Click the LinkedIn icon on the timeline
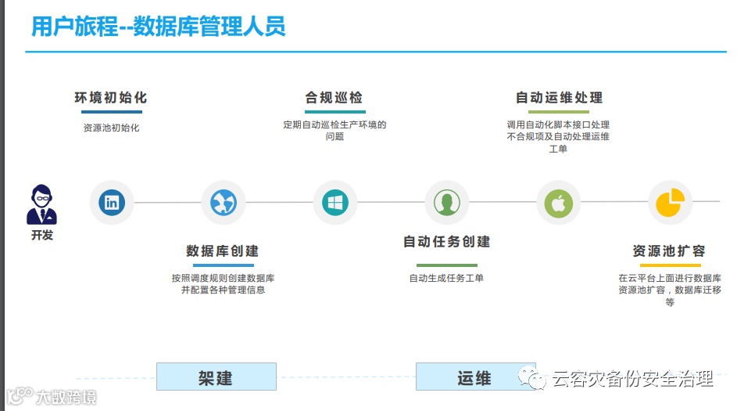tap(112, 203)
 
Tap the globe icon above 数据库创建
tap(224, 203)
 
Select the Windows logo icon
tap(335, 203)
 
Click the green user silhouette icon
tap(447, 203)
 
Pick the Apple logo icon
tap(559, 203)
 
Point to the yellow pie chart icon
tap(671, 202)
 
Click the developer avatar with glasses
tap(42, 205)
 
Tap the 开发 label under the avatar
tap(42, 235)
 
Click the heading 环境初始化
tap(111, 98)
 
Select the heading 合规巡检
tap(335, 98)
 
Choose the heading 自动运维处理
tap(559, 98)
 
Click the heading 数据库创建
tap(223, 251)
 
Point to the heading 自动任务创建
tap(446, 242)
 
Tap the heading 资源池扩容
tap(669, 251)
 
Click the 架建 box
tap(216, 377)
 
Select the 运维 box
tap(474, 377)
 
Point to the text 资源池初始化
tap(111, 128)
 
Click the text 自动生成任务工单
tap(446, 278)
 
